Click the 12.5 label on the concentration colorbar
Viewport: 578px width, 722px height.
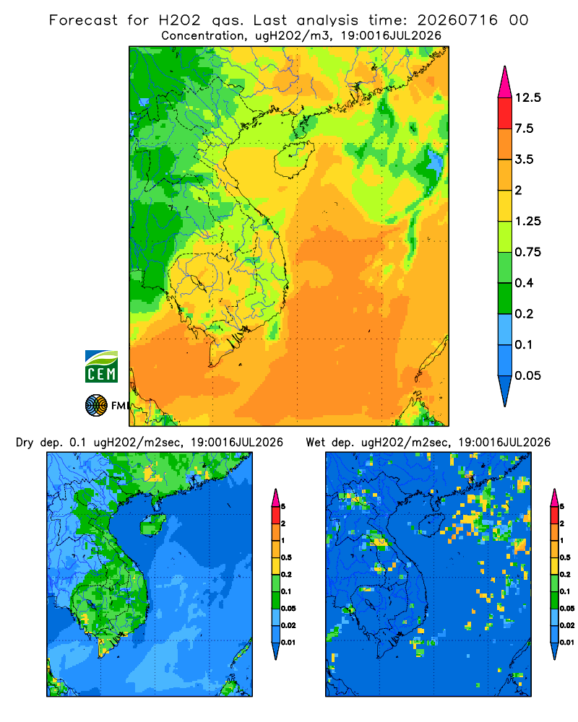527,97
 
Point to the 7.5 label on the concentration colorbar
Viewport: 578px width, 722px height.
524,129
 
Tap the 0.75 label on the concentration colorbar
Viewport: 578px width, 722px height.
527,252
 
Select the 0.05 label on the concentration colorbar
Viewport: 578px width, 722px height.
527,375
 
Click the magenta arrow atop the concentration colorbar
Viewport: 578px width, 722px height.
505,83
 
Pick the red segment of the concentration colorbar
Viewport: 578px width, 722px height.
505,113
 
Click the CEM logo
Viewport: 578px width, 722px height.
101,367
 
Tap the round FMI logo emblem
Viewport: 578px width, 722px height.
96,406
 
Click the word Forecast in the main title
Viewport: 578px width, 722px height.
83,20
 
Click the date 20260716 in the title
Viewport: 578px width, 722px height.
457,20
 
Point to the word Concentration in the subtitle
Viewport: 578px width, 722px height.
203,36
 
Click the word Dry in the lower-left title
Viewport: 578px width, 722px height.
25,443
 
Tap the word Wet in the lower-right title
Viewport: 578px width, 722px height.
316,443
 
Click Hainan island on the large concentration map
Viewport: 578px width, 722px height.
293,159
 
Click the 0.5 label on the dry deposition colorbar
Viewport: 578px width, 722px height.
286,557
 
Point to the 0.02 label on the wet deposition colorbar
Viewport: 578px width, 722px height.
566,625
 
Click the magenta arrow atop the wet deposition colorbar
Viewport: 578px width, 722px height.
554,497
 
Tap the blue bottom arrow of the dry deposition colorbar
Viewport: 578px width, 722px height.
275,651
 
